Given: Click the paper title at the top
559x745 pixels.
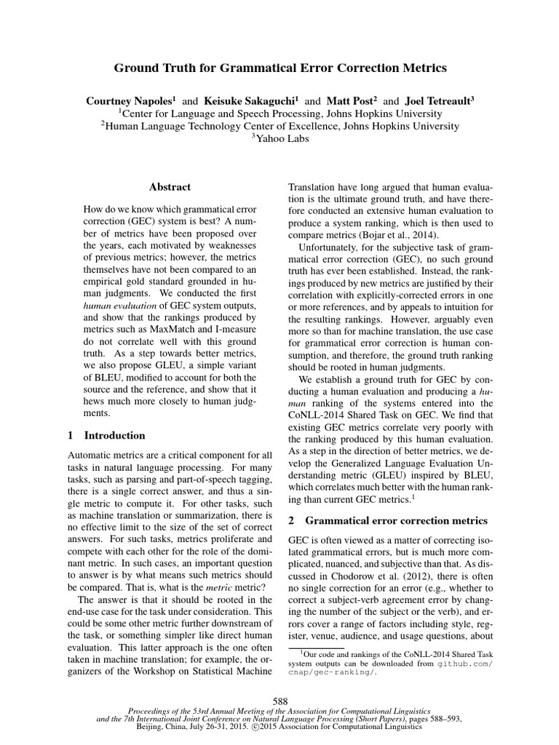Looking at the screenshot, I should click(x=280, y=68).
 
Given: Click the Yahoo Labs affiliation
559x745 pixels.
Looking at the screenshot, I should click(x=279, y=138).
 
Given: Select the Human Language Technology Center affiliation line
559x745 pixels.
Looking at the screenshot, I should click(x=279, y=126).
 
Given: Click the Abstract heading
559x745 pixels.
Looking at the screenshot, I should click(x=170, y=187).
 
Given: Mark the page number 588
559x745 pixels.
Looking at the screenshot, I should click(x=279, y=701).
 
